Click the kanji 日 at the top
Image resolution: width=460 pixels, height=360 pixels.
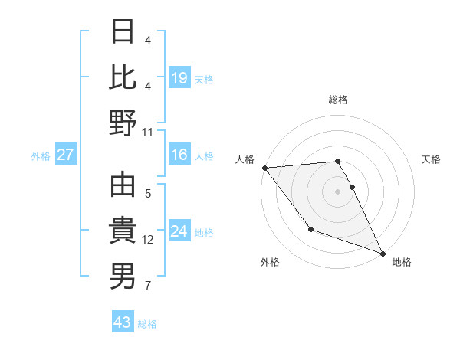click(123, 32)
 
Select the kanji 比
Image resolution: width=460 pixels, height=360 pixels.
click(123, 77)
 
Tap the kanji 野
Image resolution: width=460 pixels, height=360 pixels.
click(123, 123)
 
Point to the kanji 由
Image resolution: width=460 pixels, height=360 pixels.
click(123, 186)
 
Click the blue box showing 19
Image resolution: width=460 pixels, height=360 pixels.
click(179, 78)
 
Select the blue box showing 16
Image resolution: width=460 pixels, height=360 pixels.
click(179, 155)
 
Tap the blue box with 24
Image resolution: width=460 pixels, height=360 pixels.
click(179, 231)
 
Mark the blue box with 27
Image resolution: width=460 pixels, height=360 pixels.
click(66, 155)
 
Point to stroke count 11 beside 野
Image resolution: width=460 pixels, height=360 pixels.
click(148, 132)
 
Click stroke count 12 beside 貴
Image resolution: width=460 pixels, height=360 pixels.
click(148, 240)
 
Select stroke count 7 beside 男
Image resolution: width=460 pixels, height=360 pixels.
click(148, 286)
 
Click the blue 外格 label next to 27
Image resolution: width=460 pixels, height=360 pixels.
click(41, 156)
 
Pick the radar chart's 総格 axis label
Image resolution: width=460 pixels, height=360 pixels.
click(338, 100)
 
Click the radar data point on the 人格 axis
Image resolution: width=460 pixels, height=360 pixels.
click(264, 168)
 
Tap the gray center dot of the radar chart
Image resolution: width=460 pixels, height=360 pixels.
click(337, 191)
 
